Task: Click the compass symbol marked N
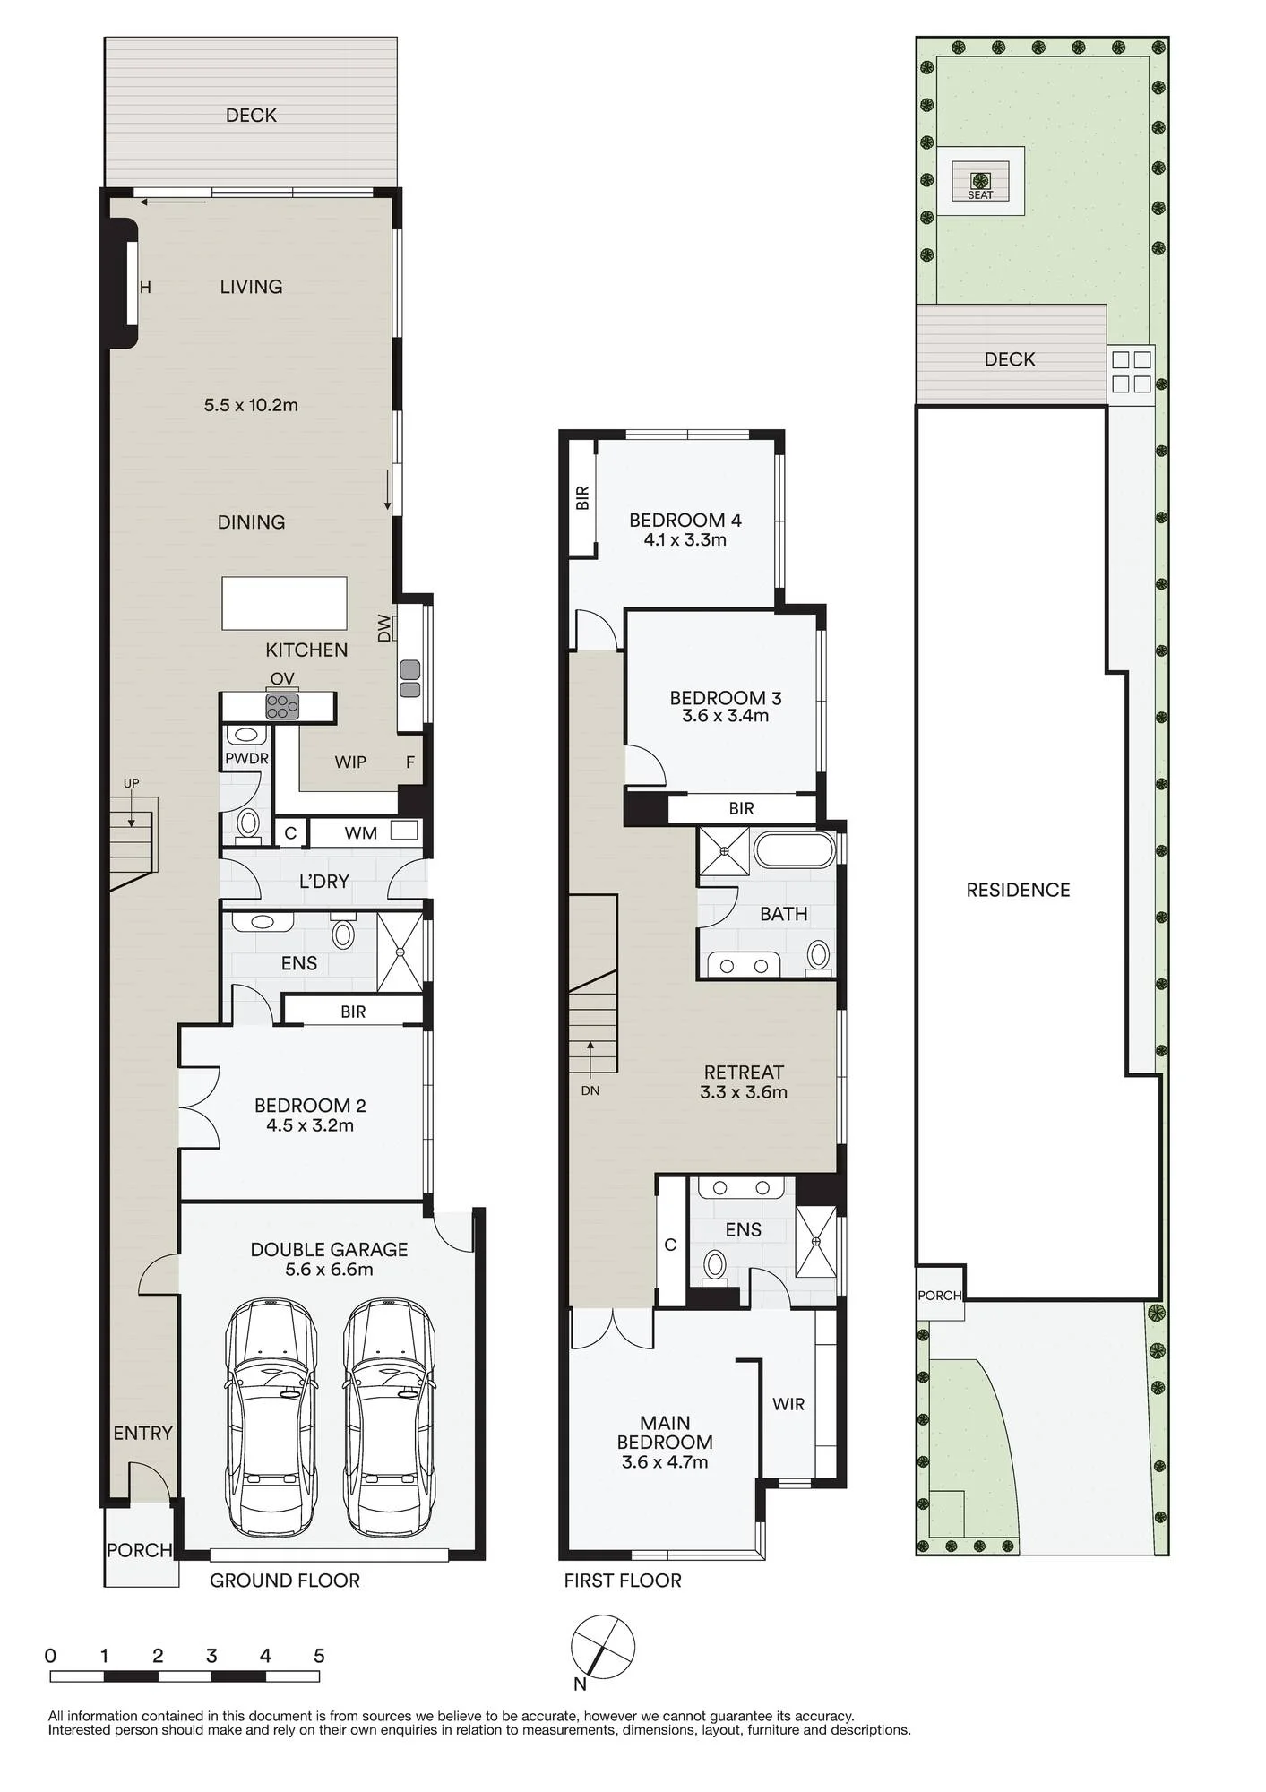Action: [603, 1647]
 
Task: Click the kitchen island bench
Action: [284, 603]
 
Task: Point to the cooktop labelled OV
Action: [282, 706]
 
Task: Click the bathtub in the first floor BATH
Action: [794, 849]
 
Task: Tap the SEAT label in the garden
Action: [980, 194]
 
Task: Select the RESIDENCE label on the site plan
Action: [1018, 890]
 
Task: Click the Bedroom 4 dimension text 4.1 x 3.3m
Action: [685, 539]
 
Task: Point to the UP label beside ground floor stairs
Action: [131, 783]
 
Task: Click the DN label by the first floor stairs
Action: [590, 1090]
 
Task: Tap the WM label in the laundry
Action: [360, 832]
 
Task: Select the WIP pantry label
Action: [350, 762]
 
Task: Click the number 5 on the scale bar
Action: [319, 1656]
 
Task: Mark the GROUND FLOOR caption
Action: [285, 1581]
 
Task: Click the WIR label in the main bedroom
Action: [788, 1404]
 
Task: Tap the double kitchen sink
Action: [409, 678]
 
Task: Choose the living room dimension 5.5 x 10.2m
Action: [251, 405]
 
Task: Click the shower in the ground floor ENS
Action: [400, 952]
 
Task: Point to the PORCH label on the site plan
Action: [939, 1296]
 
